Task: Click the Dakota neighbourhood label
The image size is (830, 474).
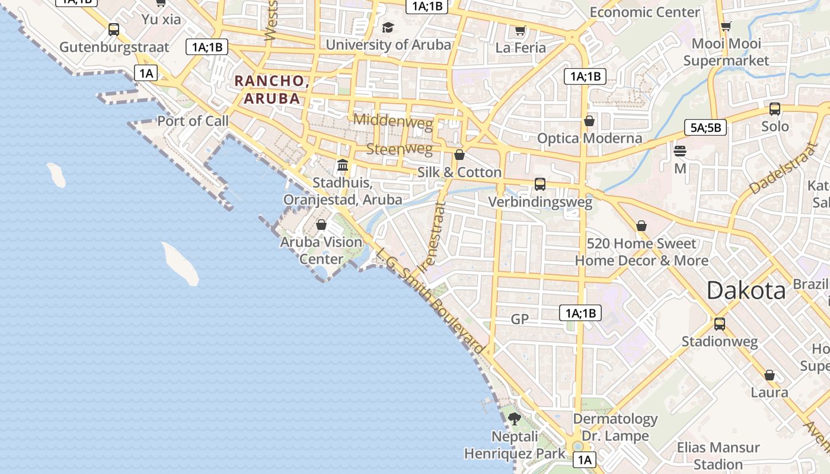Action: [x=746, y=290]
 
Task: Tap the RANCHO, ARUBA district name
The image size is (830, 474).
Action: [x=272, y=89]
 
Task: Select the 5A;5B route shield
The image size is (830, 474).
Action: [x=705, y=127]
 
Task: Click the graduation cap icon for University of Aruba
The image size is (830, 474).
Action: [x=388, y=27]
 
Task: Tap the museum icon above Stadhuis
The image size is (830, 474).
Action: [x=342, y=165]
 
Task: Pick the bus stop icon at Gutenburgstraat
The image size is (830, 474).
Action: [x=114, y=30]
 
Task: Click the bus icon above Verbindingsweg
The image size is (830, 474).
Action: [x=539, y=184]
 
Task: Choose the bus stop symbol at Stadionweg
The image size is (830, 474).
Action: [x=719, y=324]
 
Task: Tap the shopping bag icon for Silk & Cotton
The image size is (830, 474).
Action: [x=459, y=155]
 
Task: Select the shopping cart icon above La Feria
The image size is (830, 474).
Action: [x=520, y=30]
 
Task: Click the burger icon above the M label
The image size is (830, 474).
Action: [x=679, y=151]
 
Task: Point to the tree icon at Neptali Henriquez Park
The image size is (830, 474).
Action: [x=514, y=419]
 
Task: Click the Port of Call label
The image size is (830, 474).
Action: [x=193, y=121]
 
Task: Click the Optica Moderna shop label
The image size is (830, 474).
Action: [x=589, y=138]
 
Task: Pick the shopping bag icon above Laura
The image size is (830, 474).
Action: [x=769, y=375]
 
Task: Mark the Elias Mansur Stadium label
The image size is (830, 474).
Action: [x=718, y=455]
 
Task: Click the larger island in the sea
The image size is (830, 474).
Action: [x=180, y=263]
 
